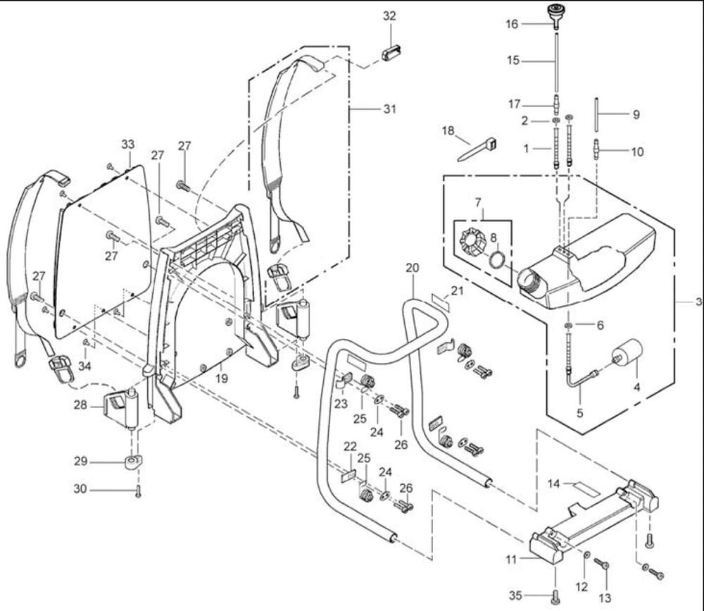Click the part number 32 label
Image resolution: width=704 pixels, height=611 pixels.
pyautogui.click(x=389, y=16)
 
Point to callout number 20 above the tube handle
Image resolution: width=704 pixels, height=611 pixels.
pyautogui.click(x=413, y=268)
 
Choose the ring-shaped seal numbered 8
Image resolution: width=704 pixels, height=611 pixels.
pyautogui.click(x=497, y=259)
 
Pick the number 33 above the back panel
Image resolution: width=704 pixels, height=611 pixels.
pyautogui.click(x=127, y=144)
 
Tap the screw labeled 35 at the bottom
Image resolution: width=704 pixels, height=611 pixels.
pyautogui.click(x=555, y=598)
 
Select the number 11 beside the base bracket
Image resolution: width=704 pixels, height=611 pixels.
pyautogui.click(x=510, y=559)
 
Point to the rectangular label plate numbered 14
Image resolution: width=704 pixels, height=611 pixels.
pyautogui.click(x=584, y=486)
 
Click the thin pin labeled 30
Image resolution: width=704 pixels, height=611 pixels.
pyautogui.click(x=139, y=493)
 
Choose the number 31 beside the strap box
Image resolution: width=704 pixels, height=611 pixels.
pyautogui.click(x=389, y=109)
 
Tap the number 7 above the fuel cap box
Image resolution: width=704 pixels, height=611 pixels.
pyautogui.click(x=479, y=203)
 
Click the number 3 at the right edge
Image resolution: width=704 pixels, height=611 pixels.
pyautogui.click(x=698, y=302)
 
